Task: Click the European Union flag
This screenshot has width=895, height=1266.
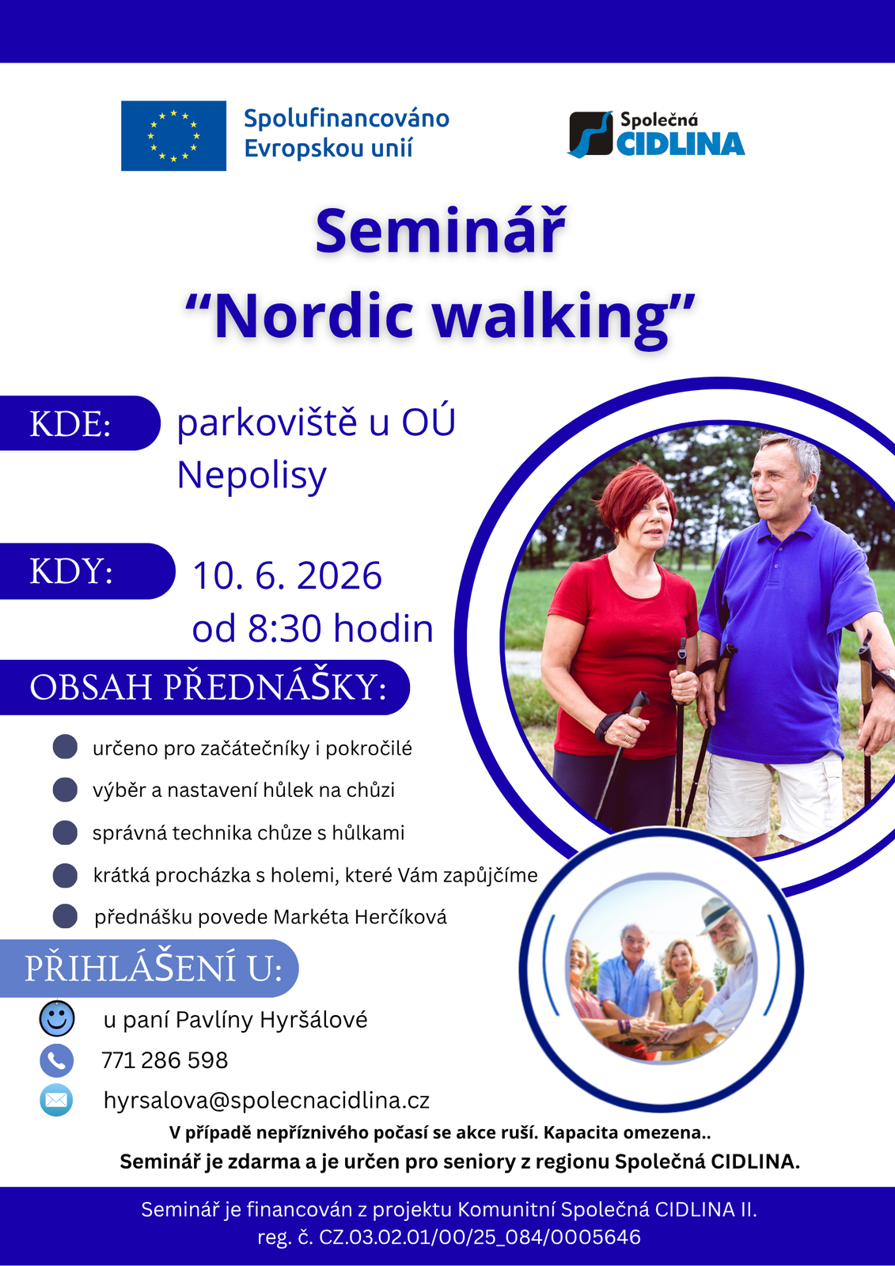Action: click(173, 135)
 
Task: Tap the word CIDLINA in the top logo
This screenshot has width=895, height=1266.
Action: click(681, 144)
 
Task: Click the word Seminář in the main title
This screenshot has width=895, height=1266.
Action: click(441, 233)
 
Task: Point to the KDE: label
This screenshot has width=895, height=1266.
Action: click(70, 423)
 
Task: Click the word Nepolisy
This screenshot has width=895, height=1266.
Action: click(252, 476)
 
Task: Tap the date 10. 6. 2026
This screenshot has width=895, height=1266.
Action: click(287, 576)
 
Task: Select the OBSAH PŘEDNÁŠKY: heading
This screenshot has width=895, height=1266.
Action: click(208, 688)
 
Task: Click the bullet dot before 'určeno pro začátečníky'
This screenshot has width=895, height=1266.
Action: click(65, 747)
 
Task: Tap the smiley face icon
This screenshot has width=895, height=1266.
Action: click(56, 1018)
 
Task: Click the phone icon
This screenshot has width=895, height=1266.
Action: click(56, 1060)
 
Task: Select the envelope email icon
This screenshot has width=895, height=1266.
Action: click(56, 1101)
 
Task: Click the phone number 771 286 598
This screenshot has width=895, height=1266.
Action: click(165, 1060)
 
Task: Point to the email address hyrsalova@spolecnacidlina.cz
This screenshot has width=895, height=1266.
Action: click(267, 1101)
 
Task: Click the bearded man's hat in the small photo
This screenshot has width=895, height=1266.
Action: click(717, 915)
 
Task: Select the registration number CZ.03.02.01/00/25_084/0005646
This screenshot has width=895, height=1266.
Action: click(480, 1238)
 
